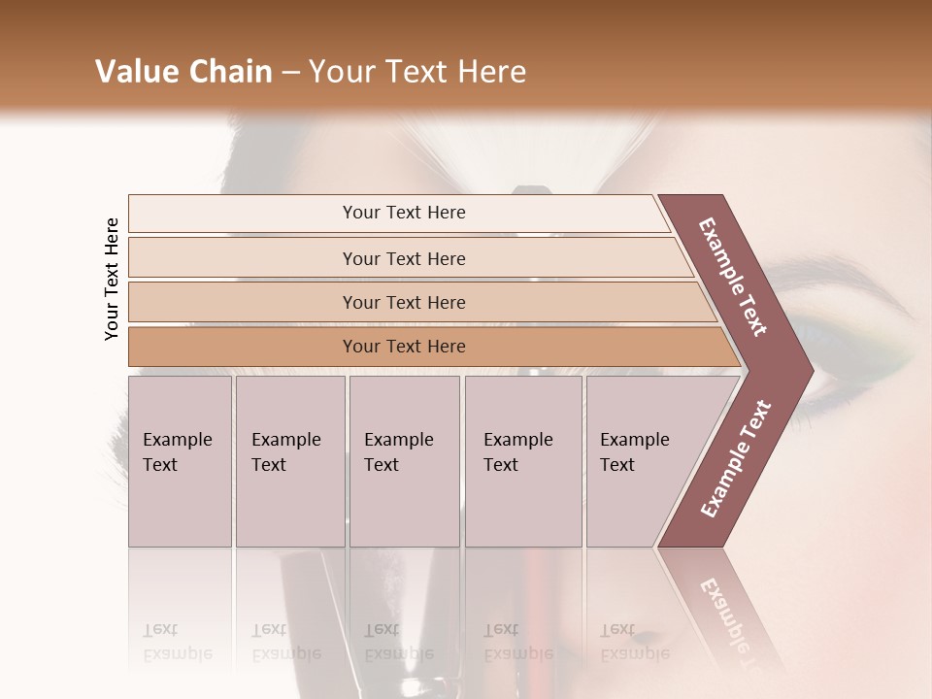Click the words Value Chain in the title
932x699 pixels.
[x=183, y=72]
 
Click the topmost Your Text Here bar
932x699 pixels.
[x=403, y=213]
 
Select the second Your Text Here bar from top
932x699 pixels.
[x=403, y=258]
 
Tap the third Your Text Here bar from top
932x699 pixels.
[x=403, y=302]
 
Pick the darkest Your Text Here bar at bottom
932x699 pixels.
[x=403, y=347]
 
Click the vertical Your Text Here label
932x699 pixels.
[x=112, y=279]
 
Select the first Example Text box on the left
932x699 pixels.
[x=180, y=460]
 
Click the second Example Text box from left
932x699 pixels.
[x=289, y=460]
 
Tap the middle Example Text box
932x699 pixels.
[x=404, y=460]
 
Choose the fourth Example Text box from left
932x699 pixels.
[x=522, y=460]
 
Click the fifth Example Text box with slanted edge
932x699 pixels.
[x=641, y=460]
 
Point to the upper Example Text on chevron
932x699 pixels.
[x=734, y=277]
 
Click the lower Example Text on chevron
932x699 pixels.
[x=736, y=458]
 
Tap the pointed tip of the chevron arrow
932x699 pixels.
[x=810, y=370]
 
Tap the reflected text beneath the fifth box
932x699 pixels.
[x=634, y=641]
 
